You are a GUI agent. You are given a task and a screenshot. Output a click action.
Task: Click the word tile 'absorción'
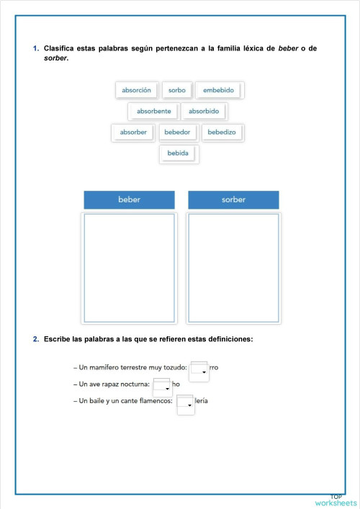point(137,90)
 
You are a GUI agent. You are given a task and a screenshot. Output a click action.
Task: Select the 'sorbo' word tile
point(177,90)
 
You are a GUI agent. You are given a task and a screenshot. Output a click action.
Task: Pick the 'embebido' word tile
point(219,90)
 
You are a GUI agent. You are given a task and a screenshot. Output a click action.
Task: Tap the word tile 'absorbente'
point(154,112)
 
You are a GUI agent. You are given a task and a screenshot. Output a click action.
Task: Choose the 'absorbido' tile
point(204,112)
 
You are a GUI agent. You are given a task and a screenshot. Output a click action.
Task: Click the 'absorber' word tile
point(133,132)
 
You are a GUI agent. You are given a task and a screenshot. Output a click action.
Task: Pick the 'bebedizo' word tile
point(222,132)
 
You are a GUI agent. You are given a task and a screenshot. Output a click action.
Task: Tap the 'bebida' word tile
point(178,153)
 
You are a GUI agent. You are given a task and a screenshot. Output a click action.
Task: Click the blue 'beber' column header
point(129,199)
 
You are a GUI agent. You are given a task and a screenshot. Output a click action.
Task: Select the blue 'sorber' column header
point(233,199)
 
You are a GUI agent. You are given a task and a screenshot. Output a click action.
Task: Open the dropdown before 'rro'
point(199,370)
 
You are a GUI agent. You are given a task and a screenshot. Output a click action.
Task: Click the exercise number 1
point(35,48)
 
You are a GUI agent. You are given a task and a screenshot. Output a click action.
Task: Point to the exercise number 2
point(35,338)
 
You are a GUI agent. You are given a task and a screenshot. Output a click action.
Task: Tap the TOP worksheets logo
point(336,500)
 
